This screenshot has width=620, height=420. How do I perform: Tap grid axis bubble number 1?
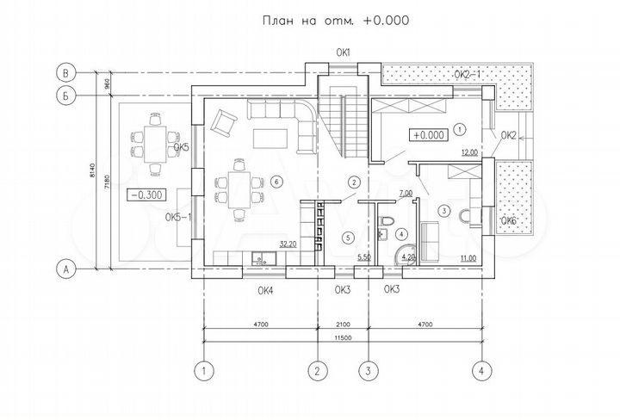(x=203, y=372)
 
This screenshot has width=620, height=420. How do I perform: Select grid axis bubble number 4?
(x=482, y=372)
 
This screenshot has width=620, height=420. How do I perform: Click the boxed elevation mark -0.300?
(x=145, y=195)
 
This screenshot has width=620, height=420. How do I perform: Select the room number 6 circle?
(x=276, y=181)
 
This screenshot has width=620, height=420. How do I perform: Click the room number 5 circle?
(x=348, y=237)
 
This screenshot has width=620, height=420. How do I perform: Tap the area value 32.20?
(x=288, y=244)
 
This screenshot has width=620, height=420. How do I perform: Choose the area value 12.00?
(x=468, y=152)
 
